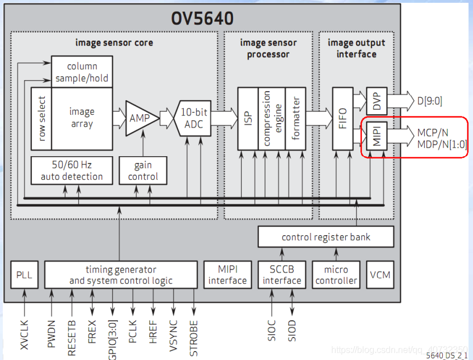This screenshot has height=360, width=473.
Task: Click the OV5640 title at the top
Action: [202, 18]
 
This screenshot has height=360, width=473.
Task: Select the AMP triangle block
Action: [139, 118]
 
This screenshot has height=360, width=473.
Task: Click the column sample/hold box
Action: [82, 72]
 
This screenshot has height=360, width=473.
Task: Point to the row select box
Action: [41, 118]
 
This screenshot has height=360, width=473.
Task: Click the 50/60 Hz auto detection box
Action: [72, 170]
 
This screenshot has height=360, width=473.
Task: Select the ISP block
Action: [248, 118]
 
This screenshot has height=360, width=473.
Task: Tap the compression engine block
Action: [272, 118]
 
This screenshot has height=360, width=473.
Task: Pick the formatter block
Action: [295, 118]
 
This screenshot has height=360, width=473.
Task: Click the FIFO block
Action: [342, 118]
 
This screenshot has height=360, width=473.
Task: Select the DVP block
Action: [377, 101]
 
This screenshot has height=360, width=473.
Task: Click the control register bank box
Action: [326, 237]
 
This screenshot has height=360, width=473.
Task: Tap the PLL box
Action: [24, 275]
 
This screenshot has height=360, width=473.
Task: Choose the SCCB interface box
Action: [282, 275]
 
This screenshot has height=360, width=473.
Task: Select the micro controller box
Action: [336, 275]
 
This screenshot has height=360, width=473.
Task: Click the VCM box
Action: [380, 275]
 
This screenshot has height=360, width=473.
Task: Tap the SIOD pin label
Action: [291, 331]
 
